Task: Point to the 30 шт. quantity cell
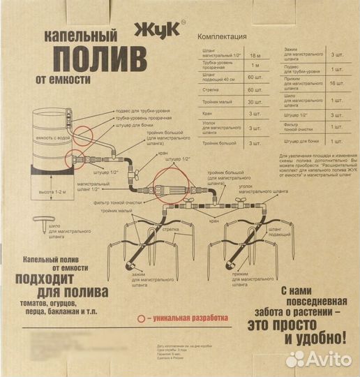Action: [x=259, y=103]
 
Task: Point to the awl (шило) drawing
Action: [x=46, y=225]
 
